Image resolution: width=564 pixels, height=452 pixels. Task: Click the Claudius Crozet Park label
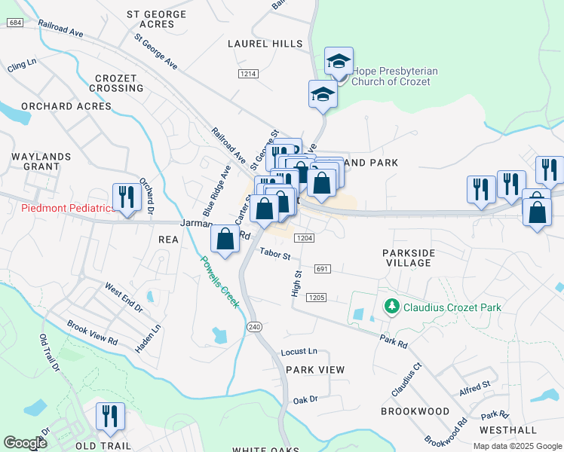(x=452, y=307)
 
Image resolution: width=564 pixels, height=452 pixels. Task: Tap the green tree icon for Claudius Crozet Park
(x=391, y=307)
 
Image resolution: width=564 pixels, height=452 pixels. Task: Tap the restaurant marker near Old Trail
(x=110, y=417)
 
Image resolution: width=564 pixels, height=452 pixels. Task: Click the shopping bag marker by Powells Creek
(x=225, y=240)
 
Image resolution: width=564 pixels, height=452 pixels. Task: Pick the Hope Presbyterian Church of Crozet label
(x=389, y=76)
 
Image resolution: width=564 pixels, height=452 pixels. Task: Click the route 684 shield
(x=14, y=23)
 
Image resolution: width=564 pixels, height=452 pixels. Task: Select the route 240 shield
(x=253, y=326)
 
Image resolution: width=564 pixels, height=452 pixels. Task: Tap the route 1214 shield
(x=248, y=74)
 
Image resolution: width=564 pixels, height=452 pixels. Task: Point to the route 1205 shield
(x=317, y=298)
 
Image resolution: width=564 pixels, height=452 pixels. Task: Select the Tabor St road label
(x=275, y=255)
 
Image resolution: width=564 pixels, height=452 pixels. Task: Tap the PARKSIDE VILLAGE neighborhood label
(x=407, y=257)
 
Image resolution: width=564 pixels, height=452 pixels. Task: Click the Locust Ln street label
(x=299, y=352)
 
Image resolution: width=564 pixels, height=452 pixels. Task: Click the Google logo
(x=26, y=443)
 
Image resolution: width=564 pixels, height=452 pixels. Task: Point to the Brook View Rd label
(x=92, y=330)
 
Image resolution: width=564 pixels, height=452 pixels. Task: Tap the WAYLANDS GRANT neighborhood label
(x=41, y=161)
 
